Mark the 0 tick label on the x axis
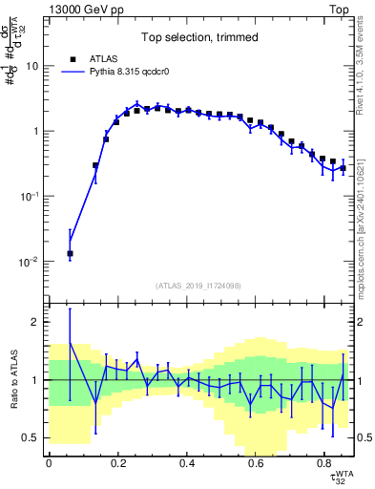[49, 463]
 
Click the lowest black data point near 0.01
[70, 254]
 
